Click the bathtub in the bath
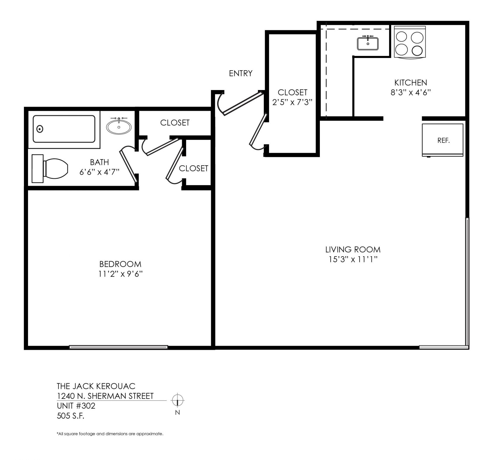(x=64, y=129)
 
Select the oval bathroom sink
(x=119, y=126)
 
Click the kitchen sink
(x=368, y=43)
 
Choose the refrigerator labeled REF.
(x=443, y=140)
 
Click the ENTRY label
(x=241, y=73)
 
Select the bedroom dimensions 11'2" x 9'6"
(x=120, y=274)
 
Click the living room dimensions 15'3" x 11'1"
(x=353, y=259)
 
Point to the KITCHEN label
(x=411, y=82)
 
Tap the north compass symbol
(x=177, y=400)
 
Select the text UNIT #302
(x=76, y=406)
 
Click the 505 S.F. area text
(x=71, y=416)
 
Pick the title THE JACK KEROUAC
(x=96, y=386)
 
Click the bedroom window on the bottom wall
(x=119, y=347)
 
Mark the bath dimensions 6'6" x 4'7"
(x=100, y=172)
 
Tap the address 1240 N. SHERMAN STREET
(x=105, y=396)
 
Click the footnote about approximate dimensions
(x=110, y=434)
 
